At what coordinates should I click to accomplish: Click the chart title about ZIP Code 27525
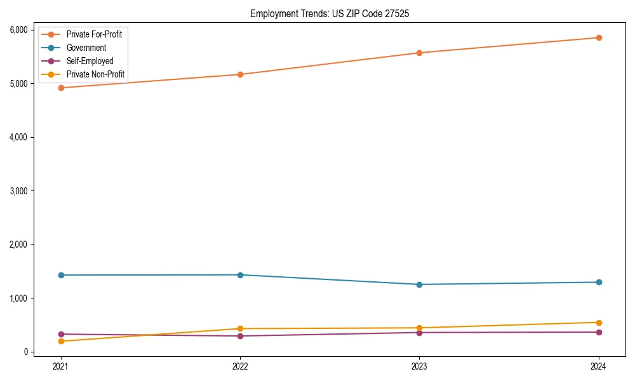[x=329, y=13]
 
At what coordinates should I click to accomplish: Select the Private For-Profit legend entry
[x=94, y=34]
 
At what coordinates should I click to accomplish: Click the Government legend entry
[x=86, y=48]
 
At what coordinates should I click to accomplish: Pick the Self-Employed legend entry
[x=90, y=61]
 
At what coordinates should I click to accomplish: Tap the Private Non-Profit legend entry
[x=95, y=75]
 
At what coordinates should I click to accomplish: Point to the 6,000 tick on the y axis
[x=18, y=30]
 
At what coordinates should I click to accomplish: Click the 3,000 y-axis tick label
[x=18, y=190]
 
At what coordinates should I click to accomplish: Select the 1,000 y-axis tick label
[x=18, y=298]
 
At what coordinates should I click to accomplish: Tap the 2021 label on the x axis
[x=61, y=366]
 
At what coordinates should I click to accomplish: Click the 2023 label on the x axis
[x=419, y=366]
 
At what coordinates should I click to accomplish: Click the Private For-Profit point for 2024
[x=599, y=37]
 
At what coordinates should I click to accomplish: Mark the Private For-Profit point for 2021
[x=61, y=88]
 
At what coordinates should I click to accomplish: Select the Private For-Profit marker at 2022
[x=240, y=74]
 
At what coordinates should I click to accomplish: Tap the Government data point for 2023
[x=419, y=284]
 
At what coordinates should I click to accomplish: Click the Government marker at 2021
[x=61, y=275]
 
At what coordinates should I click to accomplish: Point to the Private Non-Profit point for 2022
[x=240, y=328]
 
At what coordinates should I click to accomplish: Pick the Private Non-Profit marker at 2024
[x=599, y=323]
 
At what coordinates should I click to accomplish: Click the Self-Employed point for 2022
[x=240, y=336]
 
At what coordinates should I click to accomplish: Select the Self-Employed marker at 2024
[x=599, y=332]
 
